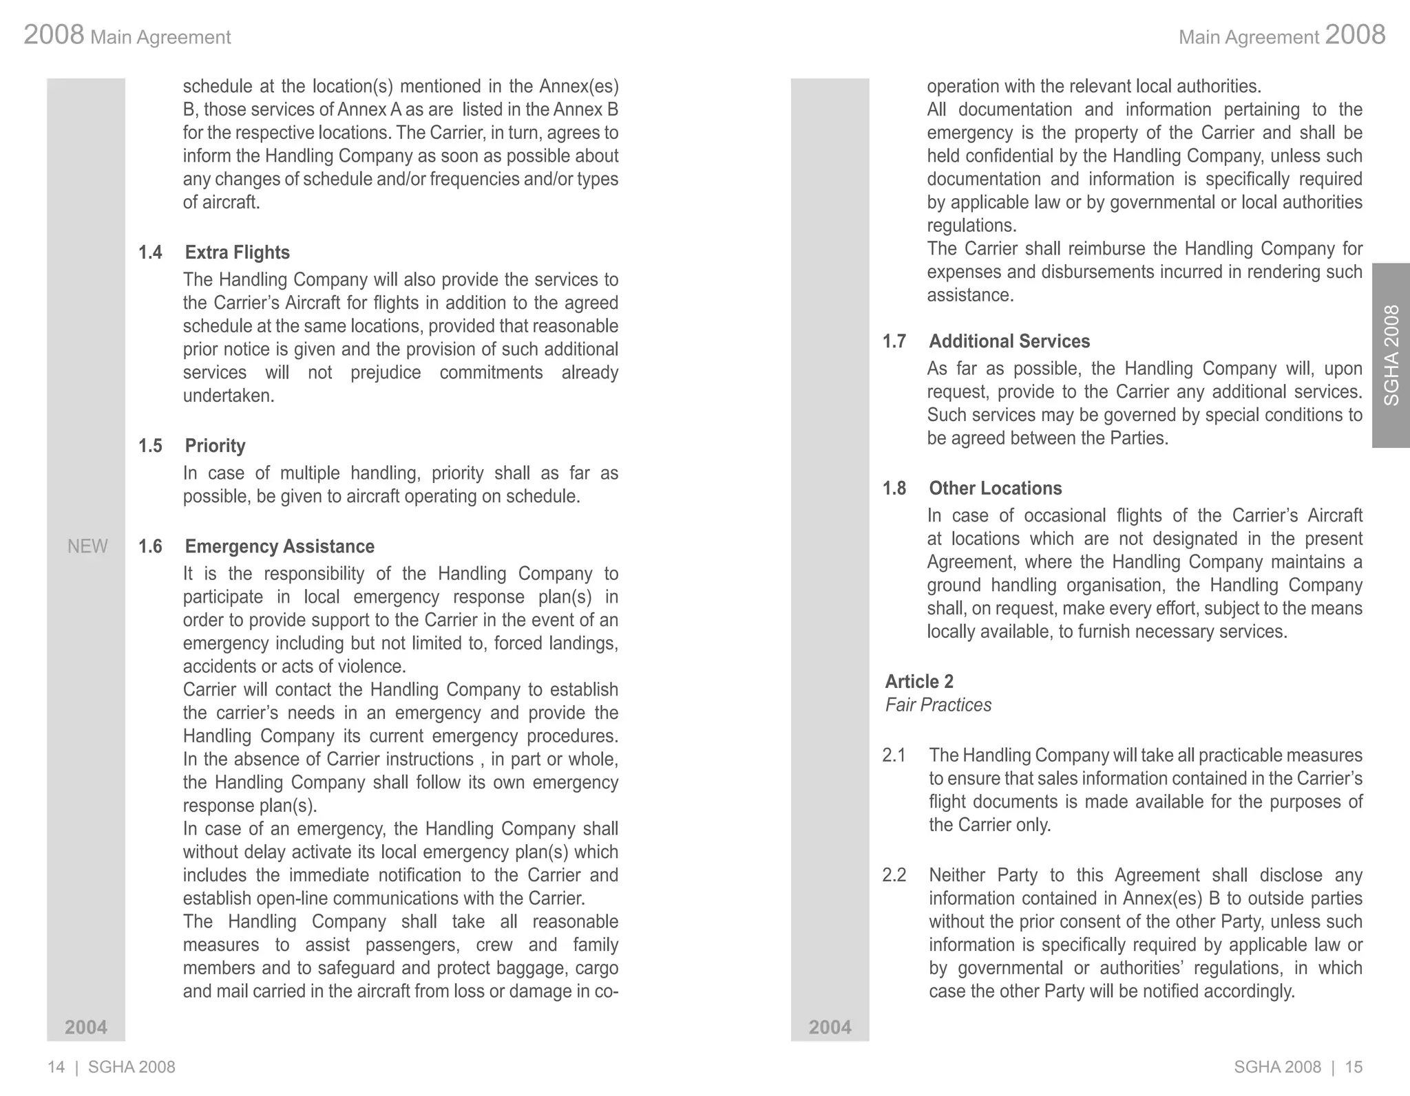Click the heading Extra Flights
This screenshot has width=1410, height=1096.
(x=237, y=252)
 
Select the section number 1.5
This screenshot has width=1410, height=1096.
(x=150, y=446)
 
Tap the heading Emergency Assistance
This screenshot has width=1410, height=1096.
(x=280, y=546)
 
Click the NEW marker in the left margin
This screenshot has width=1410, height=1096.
(x=87, y=546)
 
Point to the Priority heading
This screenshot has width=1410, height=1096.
(x=215, y=446)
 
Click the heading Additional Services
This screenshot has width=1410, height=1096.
(x=1009, y=341)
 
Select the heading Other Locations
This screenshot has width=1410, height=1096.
(x=995, y=488)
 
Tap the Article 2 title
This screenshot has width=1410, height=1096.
(x=919, y=682)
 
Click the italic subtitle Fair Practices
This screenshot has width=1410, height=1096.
(x=938, y=705)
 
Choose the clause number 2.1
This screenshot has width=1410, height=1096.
(x=894, y=755)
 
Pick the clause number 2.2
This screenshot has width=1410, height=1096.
(x=894, y=875)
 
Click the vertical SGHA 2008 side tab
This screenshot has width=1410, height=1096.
(x=1391, y=355)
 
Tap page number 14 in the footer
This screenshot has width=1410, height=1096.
(x=56, y=1067)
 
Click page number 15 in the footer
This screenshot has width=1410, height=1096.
(x=1354, y=1067)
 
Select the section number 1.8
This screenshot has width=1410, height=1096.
(x=894, y=488)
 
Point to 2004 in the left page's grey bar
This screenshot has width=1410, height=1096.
(x=86, y=1027)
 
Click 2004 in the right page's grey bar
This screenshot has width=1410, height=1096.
(x=830, y=1027)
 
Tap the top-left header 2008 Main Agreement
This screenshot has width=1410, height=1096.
(x=127, y=35)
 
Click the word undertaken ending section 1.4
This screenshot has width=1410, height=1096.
(x=228, y=396)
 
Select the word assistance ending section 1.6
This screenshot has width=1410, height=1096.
(x=969, y=296)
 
